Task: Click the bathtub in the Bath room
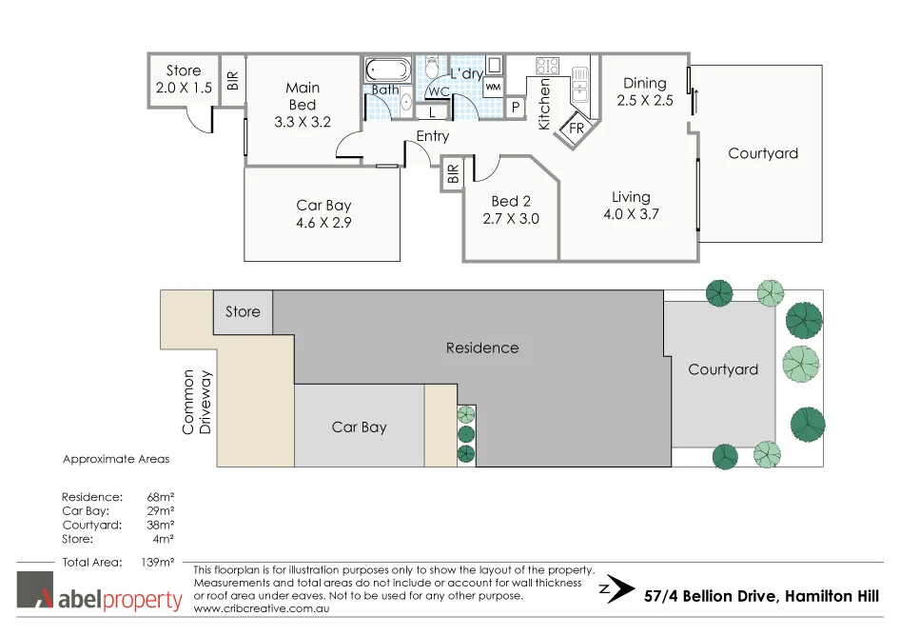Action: point(387,70)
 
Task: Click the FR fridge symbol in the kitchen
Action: point(577,129)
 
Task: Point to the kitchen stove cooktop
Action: point(547,67)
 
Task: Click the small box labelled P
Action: point(516,108)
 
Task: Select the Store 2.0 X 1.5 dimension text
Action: point(184,88)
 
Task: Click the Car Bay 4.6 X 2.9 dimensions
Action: point(323,223)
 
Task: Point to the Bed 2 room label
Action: point(511,201)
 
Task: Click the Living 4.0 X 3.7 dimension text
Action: point(631,214)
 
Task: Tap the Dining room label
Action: point(644,83)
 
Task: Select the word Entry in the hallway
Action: point(432,136)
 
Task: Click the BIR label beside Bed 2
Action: point(453,174)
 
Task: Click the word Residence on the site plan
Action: point(482,348)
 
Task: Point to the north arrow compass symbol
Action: point(619,587)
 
